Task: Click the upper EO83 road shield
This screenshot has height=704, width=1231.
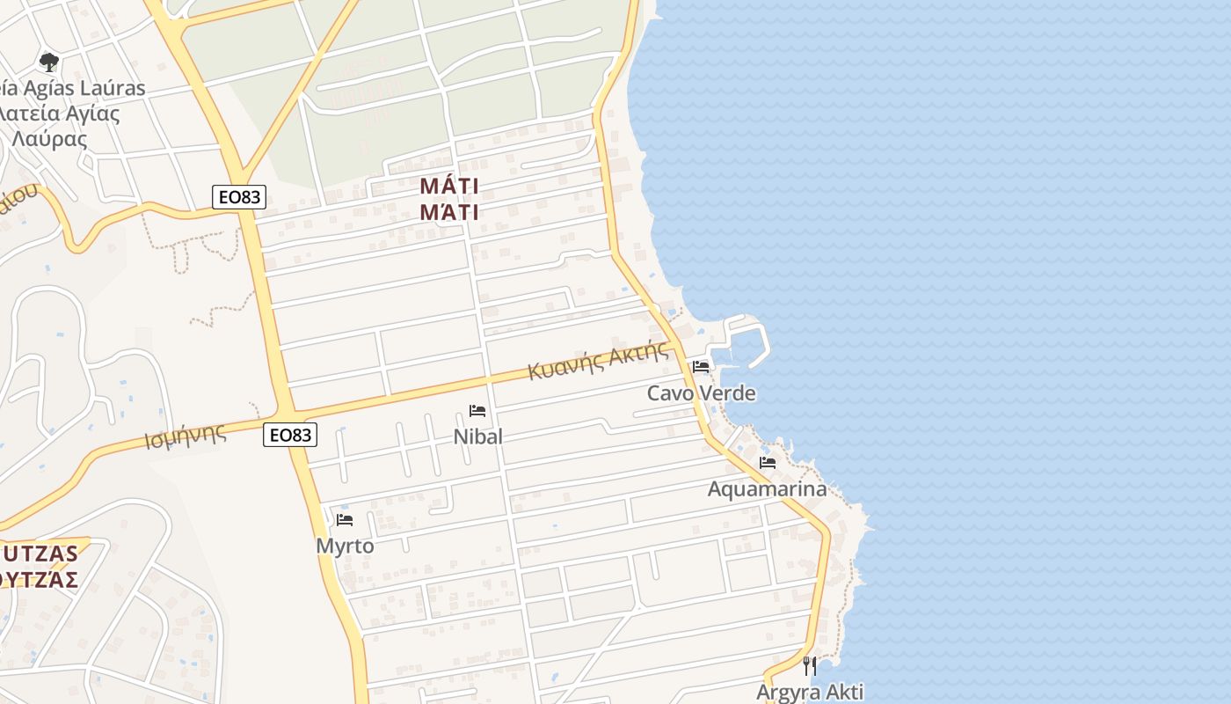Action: pos(239,197)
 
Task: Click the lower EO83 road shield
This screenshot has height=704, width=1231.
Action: pos(290,435)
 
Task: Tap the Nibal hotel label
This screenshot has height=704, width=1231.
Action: pos(478,436)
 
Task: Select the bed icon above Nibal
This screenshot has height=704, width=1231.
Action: pos(477,411)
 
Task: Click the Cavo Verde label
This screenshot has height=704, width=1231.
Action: pos(701,393)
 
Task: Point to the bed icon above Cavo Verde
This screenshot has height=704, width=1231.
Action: pos(701,367)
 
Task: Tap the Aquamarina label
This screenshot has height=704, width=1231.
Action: pos(767,489)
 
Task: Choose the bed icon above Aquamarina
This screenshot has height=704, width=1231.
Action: pos(768,463)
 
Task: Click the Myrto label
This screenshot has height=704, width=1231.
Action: pos(345,546)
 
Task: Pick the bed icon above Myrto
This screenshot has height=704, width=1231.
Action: pos(345,520)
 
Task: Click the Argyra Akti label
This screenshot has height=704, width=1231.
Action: pos(810,692)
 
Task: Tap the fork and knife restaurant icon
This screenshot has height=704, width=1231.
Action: pos(810,665)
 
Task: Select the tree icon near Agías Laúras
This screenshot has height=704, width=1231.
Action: pos(49,62)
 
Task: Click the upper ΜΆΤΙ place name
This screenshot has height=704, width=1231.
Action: pos(449,186)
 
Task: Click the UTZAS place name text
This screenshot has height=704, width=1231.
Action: pos(40,554)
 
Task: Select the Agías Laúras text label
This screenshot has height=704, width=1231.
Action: pos(75,88)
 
